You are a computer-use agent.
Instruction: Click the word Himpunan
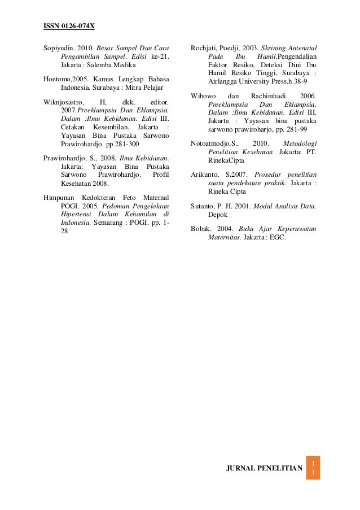60,197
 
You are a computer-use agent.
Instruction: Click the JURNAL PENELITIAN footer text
264,468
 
